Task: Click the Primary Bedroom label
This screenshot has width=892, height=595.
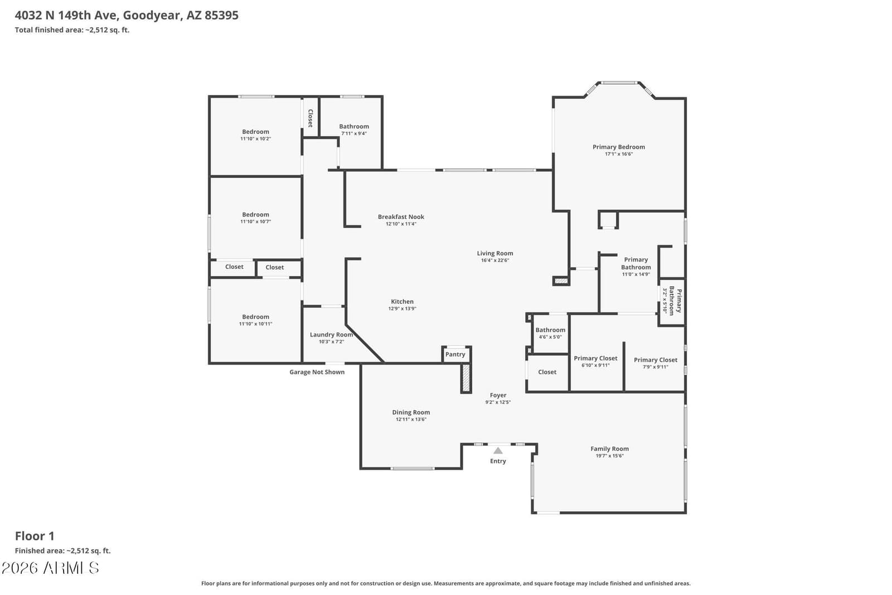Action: point(618,147)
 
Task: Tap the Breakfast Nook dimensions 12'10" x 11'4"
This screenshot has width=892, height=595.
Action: point(401,224)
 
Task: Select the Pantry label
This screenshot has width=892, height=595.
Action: point(455,354)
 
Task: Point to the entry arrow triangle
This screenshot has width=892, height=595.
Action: point(498,450)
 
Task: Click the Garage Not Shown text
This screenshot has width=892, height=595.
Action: point(317,372)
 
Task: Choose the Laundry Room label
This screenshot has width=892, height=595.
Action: point(331,334)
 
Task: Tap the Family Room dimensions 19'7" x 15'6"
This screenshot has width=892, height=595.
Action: point(610,456)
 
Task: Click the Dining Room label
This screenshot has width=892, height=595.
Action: point(411,412)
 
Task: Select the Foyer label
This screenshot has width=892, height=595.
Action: point(498,395)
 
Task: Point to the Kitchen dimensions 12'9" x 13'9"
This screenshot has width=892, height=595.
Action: point(402,309)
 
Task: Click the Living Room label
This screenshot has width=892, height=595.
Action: point(495,253)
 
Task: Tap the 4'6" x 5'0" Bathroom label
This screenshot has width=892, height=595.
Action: point(550,330)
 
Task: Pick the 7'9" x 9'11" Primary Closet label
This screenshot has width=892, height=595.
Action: point(656,359)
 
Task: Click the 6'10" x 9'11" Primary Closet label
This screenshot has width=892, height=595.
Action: point(595,358)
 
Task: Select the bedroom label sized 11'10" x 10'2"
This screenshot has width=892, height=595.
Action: point(256,132)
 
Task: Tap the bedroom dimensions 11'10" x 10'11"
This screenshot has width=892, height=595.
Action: point(256,324)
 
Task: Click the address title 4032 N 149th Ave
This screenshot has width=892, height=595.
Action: point(66,15)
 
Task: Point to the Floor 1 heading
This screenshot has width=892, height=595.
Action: point(35,536)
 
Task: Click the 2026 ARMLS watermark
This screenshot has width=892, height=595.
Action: point(50,568)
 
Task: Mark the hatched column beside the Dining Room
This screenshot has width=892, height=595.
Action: point(466,378)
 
